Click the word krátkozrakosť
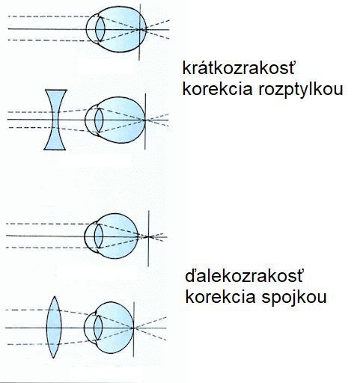[239, 67]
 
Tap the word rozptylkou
[301, 90]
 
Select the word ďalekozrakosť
[244, 276]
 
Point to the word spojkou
[294, 298]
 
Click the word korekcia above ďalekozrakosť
[217, 89]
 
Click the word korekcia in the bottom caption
[220, 297]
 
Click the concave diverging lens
[55, 120]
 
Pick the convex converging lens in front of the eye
[54, 327]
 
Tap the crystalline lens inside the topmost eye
[100, 29]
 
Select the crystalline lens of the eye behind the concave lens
[99, 120]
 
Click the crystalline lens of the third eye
[99, 236]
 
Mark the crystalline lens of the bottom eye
[98, 328]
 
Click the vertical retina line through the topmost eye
[139, 32]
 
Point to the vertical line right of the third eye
[148, 239]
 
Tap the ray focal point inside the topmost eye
[139, 30]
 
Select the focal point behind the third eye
[149, 236]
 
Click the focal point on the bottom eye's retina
[133, 328]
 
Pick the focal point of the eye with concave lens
[145, 120]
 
